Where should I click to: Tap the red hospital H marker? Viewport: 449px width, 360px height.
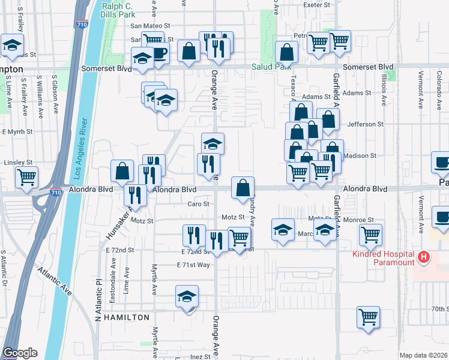point(424,258)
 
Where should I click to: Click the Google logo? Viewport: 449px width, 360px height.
point(20,353)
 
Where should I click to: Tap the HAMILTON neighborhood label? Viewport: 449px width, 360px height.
point(127,316)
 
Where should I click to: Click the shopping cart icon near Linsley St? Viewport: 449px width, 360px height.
point(27,178)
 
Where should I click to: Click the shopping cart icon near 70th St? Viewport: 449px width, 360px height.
point(368,316)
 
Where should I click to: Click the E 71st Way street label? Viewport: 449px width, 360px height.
point(193,265)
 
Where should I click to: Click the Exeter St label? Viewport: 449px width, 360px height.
point(318,5)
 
